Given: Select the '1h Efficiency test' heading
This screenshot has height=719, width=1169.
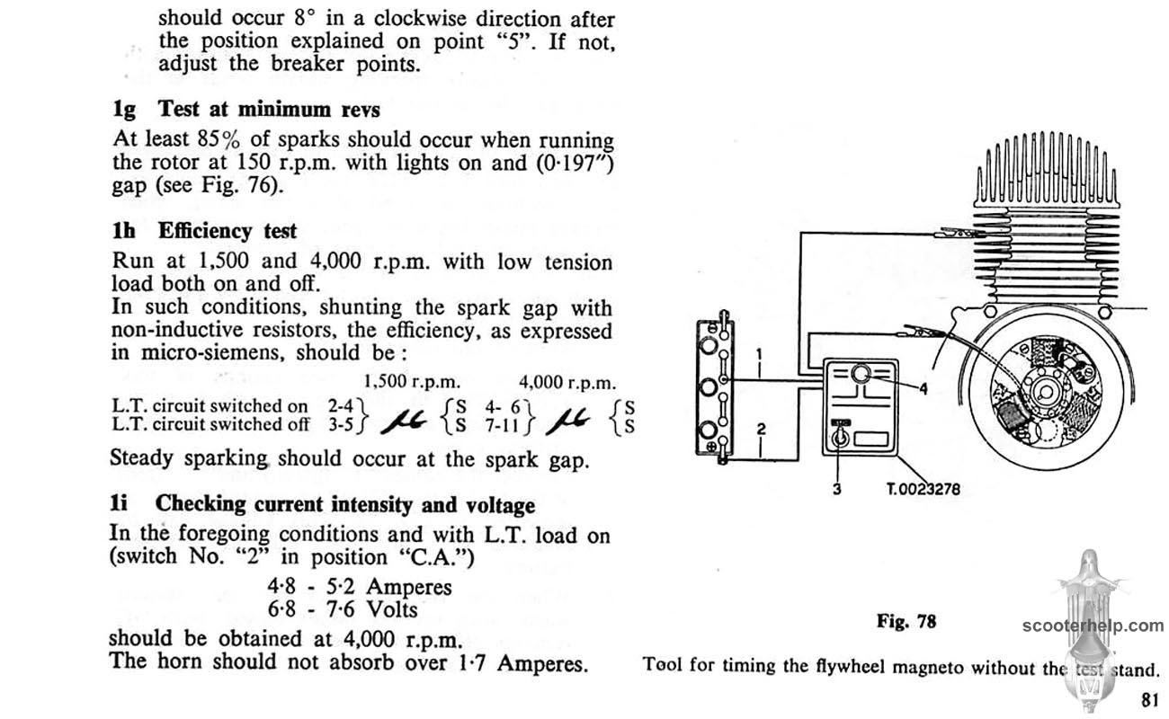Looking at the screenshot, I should (204, 230).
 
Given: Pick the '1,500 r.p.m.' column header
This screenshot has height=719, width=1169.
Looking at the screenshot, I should (411, 381).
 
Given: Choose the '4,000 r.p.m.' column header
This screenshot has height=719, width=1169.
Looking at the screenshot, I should (568, 381).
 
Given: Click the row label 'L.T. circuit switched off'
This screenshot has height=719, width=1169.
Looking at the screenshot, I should (210, 424).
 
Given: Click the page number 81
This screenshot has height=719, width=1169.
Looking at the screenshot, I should (1149, 699).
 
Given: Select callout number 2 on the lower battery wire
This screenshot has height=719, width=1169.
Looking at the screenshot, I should (761, 430).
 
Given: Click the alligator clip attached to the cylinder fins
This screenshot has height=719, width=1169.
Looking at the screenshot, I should (955, 235).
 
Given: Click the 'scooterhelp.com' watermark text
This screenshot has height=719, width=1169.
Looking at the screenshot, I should (1093, 626).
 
